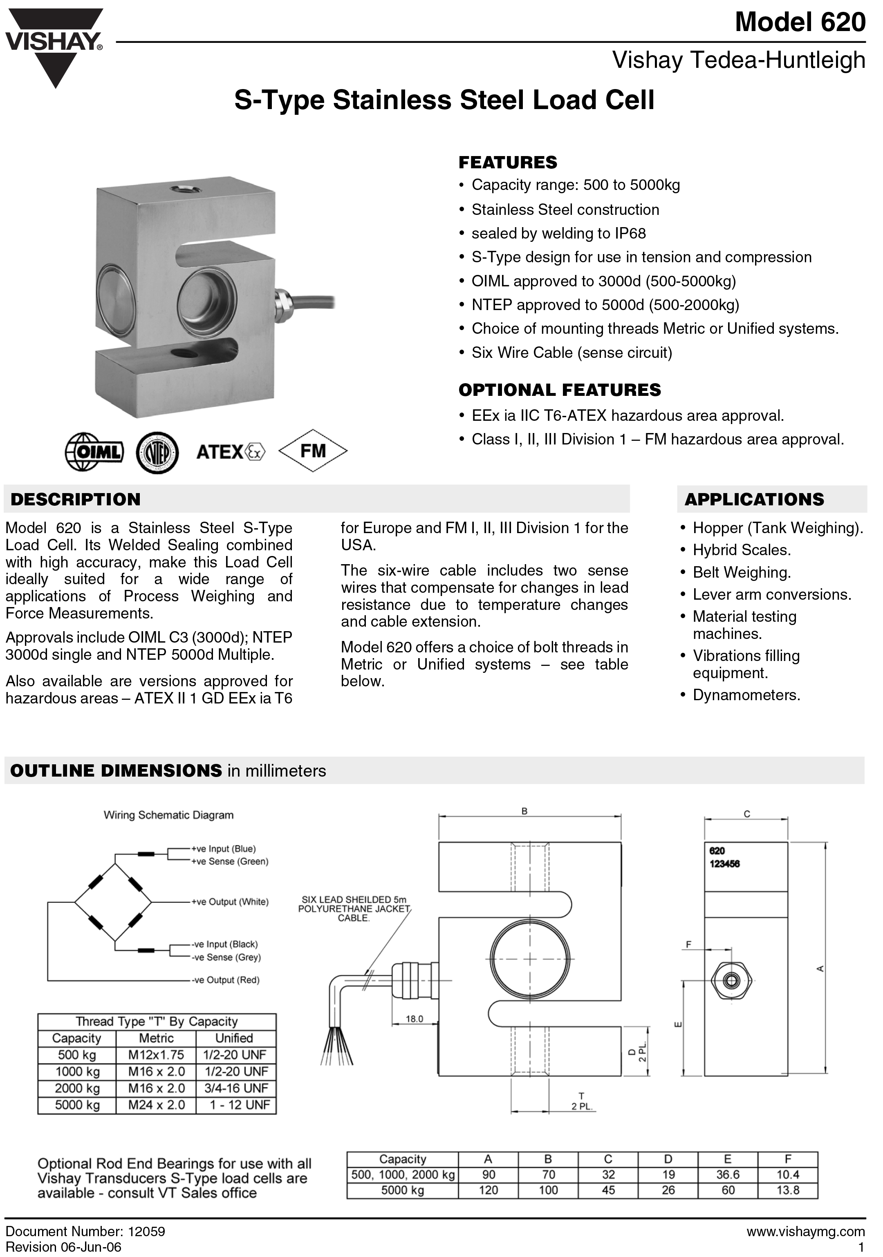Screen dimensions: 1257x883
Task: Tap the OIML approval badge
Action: (x=94, y=452)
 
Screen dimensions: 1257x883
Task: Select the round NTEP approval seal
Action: (x=157, y=452)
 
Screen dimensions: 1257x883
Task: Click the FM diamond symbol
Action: (x=313, y=451)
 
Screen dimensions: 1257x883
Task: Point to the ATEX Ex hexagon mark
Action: (x=255, y=452)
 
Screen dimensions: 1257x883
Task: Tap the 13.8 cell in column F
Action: (x=788, y=1190)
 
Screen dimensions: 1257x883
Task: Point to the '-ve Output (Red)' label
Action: (x=225, y=980)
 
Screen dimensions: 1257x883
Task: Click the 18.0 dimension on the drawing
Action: (x=414, y=1019)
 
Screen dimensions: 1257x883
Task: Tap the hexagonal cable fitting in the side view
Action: (x=731, y=980)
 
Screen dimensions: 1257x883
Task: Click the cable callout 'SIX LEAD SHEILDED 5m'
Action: (x=354, y=899)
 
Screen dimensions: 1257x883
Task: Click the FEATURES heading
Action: (x=508, y=163)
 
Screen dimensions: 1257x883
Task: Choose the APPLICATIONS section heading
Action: (x=754, y=499)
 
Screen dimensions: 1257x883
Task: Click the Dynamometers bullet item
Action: (x=746, y=695)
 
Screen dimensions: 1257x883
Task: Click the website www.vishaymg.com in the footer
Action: (x=805, y=1232)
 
